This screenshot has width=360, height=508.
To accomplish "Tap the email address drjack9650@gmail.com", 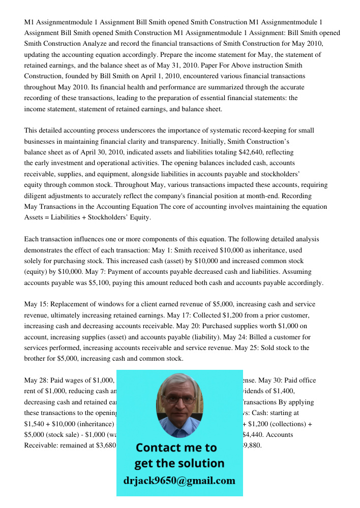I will [x=179, y=481].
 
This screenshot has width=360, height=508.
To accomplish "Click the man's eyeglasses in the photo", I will [x=179, y=400].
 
